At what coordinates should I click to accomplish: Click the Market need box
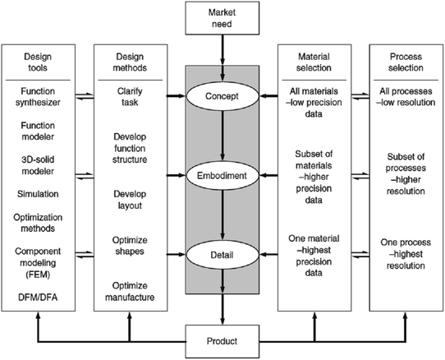tap(222, 17)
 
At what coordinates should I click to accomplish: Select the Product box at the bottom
tap(222, 338)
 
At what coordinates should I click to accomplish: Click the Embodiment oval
tap(222, 176)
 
